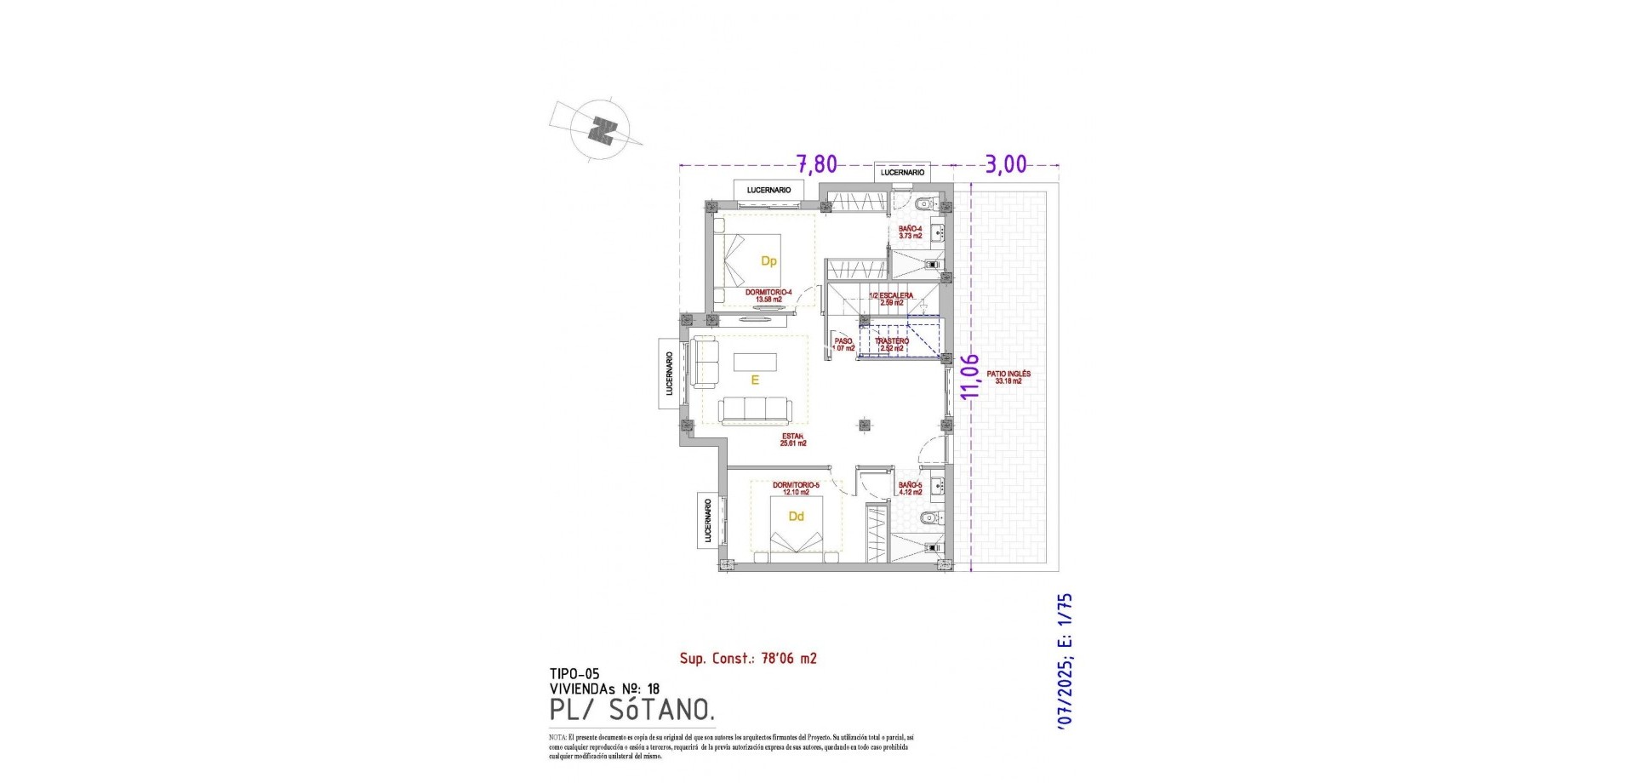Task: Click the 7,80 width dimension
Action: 816,163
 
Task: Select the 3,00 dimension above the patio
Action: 1006,163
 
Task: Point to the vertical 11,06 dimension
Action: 969,375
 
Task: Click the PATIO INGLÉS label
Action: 1008,377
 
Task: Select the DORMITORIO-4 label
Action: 768,295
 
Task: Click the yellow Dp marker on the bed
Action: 768,261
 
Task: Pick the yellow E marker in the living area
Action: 755,380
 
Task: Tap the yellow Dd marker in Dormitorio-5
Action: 796,517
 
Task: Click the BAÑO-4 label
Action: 910,231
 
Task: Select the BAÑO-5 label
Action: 910,489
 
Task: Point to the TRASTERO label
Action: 891,344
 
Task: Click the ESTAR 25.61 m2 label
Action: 792,439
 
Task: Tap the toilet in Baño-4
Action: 925,204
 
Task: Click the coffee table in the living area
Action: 755,362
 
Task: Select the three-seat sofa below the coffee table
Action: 754,410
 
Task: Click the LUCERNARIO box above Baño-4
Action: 902,173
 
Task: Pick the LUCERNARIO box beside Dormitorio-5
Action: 707,520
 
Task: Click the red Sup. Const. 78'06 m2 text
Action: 748,658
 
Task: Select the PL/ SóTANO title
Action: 631,709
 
